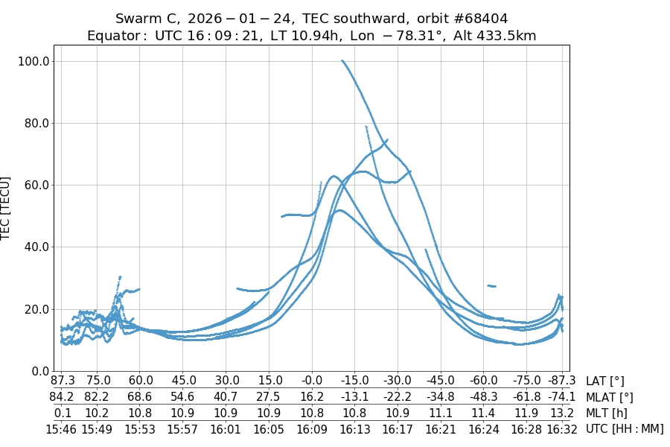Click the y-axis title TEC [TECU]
7,209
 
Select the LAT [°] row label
605,381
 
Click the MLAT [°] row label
610,397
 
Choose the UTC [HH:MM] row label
624,428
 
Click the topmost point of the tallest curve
342,61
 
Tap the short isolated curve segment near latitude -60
491,285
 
